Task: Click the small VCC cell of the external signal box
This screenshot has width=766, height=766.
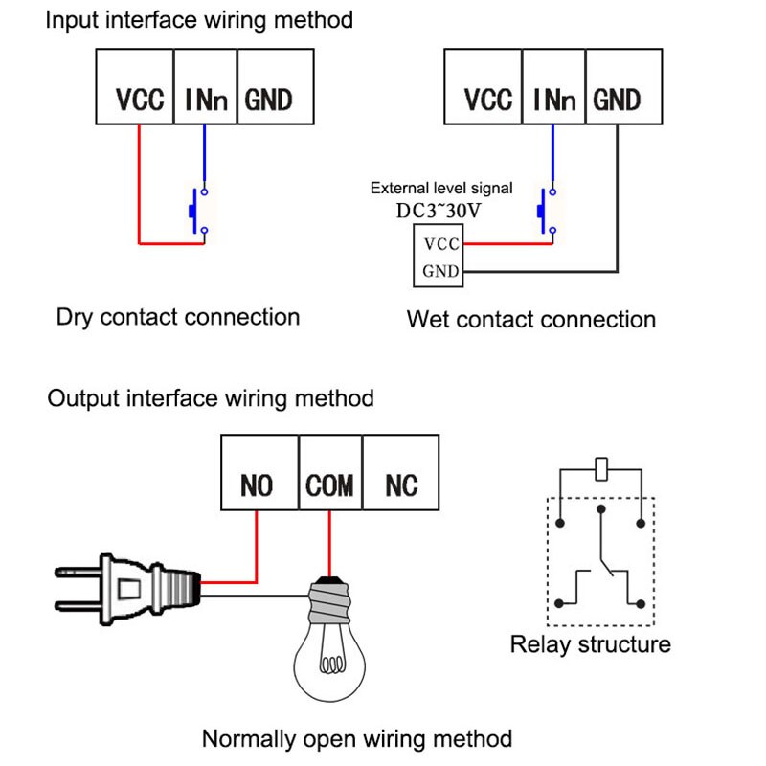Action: point(440,244)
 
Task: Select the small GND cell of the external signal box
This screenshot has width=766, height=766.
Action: point(440,271)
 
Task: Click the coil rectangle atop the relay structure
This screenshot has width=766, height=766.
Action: point(600,469)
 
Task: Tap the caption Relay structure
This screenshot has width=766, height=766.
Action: point(590,644)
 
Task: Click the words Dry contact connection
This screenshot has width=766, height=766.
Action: point(178,317)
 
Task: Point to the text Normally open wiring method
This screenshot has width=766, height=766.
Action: point(356,738)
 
